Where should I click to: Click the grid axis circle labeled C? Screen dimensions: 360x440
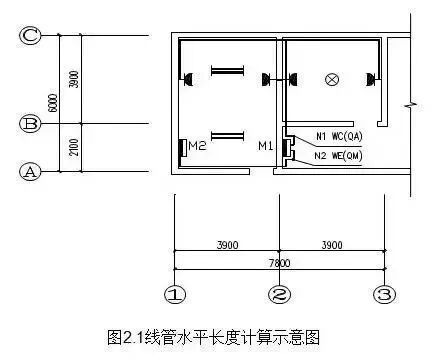(31, 36)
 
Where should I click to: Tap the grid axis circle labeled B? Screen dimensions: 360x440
(31, 124)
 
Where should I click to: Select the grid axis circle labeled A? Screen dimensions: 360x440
(31, 171)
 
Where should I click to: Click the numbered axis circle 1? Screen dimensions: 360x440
(174, 295)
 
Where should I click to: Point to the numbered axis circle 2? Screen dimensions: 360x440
(279, 295)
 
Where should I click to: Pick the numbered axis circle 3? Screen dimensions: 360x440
(383, 295)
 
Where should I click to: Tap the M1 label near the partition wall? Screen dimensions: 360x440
(264, 147)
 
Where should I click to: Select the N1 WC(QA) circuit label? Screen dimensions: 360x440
(338, 136)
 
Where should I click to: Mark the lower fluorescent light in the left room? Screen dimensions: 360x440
(226, 135)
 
